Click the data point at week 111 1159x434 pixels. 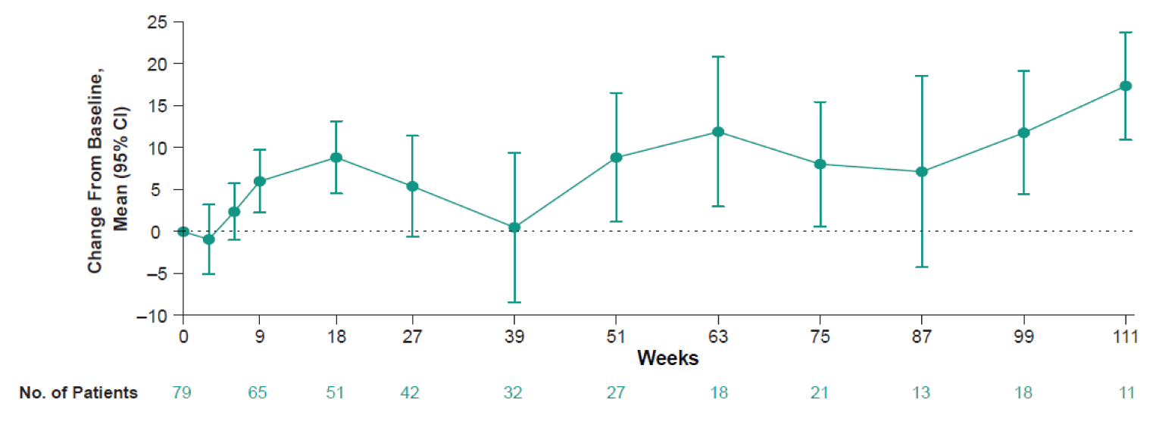1126,86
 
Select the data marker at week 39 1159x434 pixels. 514,227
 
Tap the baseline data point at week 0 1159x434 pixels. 183,231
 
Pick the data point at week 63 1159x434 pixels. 718,132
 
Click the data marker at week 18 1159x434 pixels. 336,158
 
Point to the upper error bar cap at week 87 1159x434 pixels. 922,76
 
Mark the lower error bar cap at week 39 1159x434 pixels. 514,302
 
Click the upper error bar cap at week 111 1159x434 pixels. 1126,33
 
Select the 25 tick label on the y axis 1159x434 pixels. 158,21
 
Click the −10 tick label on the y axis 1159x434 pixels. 153,316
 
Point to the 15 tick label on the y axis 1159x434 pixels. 158,105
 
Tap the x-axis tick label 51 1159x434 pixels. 616,338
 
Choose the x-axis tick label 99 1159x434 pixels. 1024,338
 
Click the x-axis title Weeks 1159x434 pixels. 667,358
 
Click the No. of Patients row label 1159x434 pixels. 79,392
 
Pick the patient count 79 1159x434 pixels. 183,392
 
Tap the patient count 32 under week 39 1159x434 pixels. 514,392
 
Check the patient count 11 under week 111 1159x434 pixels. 1126,392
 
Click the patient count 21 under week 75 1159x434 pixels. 820,392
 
